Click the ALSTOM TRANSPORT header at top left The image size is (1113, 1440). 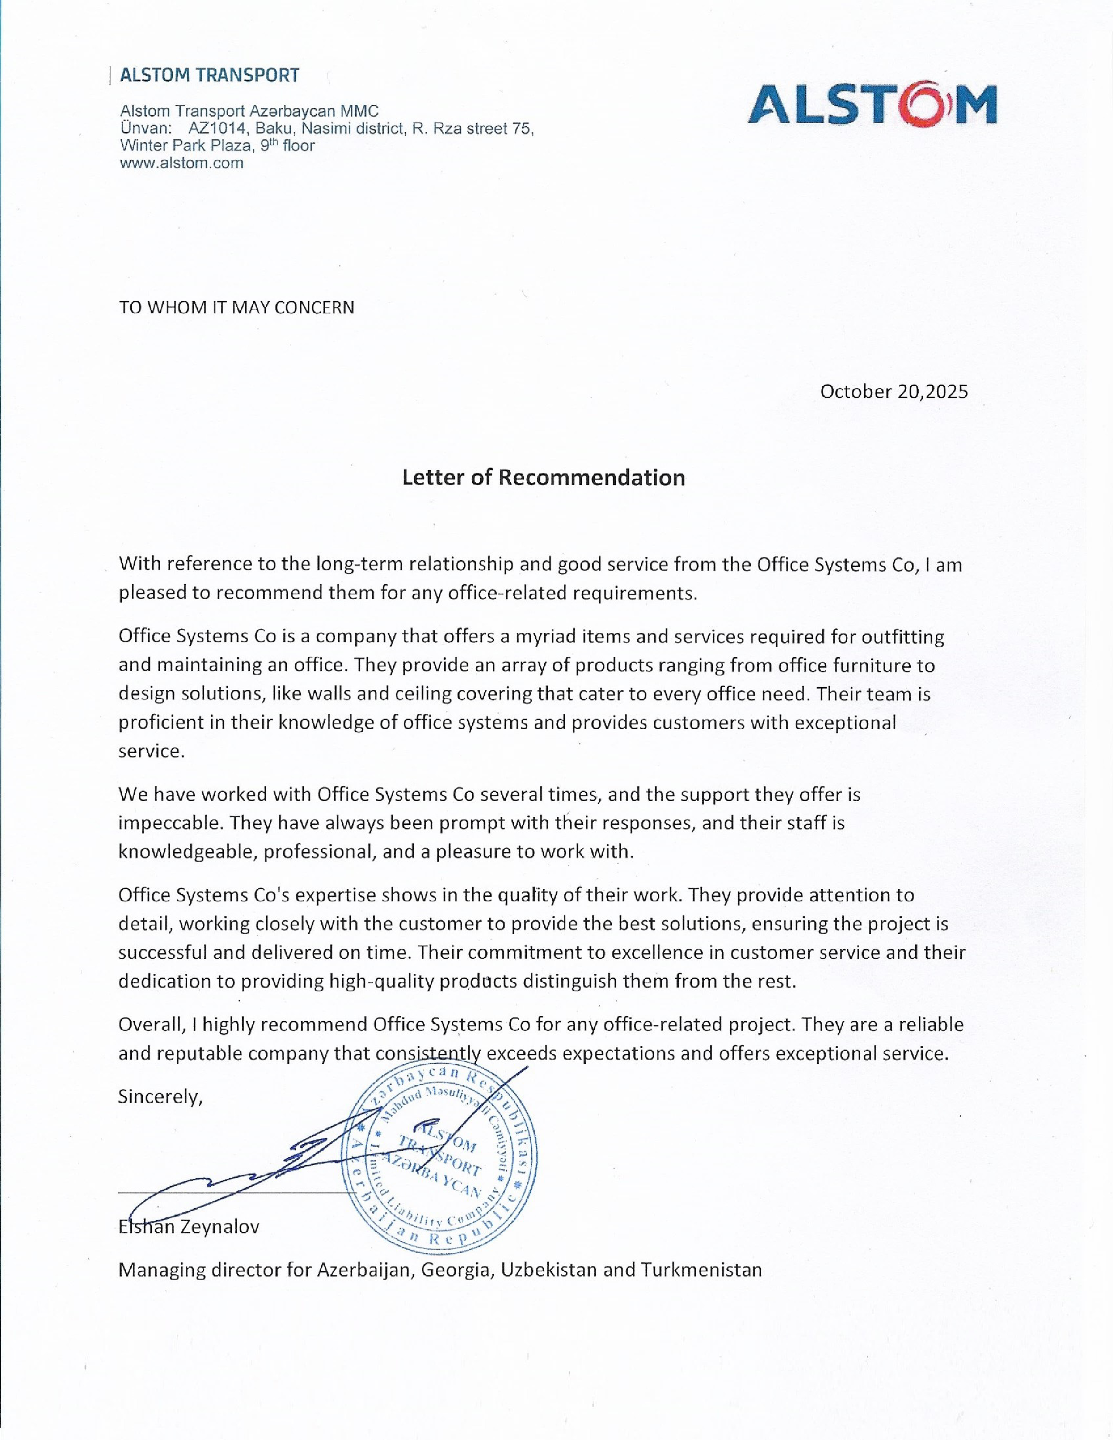coord(209,75)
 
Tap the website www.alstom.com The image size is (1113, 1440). coord(181,163)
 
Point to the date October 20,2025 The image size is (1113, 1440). coord(893,392)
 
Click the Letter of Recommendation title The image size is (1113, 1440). coord(543,477)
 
